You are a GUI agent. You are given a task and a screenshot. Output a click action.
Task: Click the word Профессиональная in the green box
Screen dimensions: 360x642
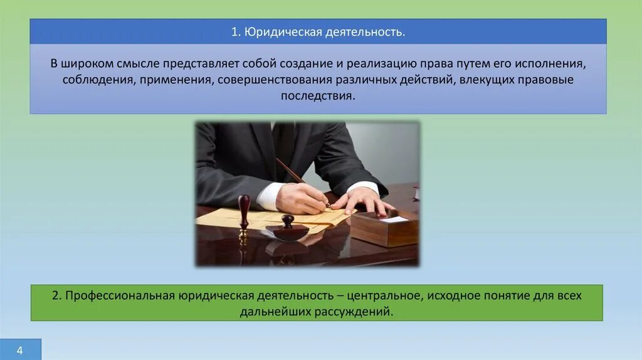coord(120,295)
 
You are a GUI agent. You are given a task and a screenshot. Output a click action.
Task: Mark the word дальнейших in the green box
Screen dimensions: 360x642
coord(269,312)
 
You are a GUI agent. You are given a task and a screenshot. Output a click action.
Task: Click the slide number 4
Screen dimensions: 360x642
coord(20,350)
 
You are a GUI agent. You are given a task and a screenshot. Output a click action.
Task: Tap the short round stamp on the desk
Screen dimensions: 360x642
coord(287,230)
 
